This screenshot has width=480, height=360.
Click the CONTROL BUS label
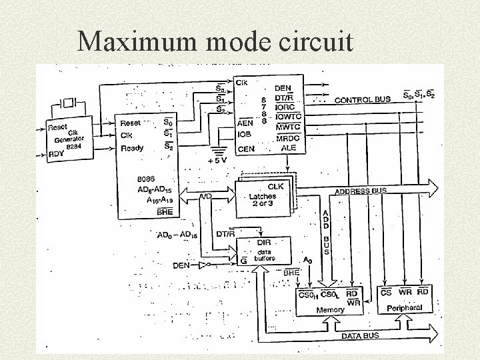pyautogui.click(x=362, y=100)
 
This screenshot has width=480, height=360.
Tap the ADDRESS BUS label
pyautogui.click(x=360, y=191)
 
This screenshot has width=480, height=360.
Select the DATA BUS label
pyautogui.click(x=360, y=336)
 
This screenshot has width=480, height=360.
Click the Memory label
pyautogui.click(x=330, y=310)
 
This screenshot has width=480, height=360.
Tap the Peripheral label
pyautogui.click(x=405, y=308)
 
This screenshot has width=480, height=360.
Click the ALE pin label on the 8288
pyautogui.click(x=289, y=148)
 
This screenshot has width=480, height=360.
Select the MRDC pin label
pyautogui.click(x=289, y=137)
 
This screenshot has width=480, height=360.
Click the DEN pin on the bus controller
pyautogui.click(x=283, y=88)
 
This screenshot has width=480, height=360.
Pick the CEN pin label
pyautogui.click(x=245, y=149)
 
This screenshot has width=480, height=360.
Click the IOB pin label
pyautogui.click(x=244, y=135)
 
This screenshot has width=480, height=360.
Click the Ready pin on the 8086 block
pyautogui.click(x=131, y=148)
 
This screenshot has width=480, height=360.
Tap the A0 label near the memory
pyautogui.click(x=307, y=260)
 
